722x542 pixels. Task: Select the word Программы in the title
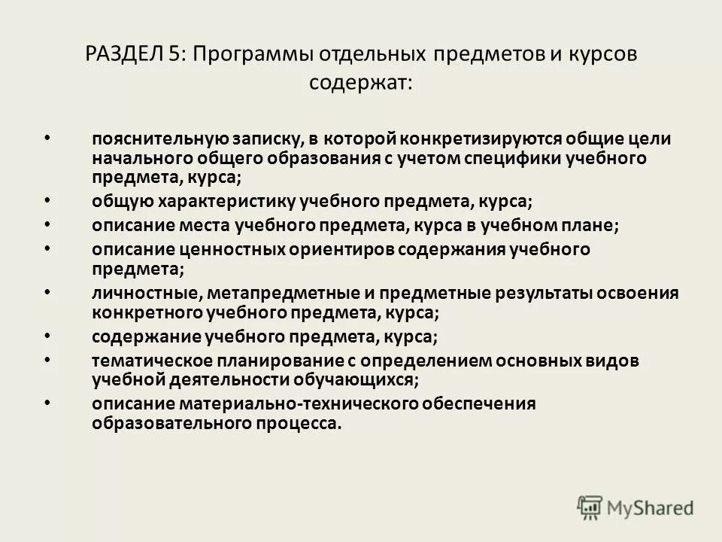point(251,55)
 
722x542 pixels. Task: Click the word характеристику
point(226,202)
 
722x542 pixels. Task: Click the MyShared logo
point(636,507)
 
